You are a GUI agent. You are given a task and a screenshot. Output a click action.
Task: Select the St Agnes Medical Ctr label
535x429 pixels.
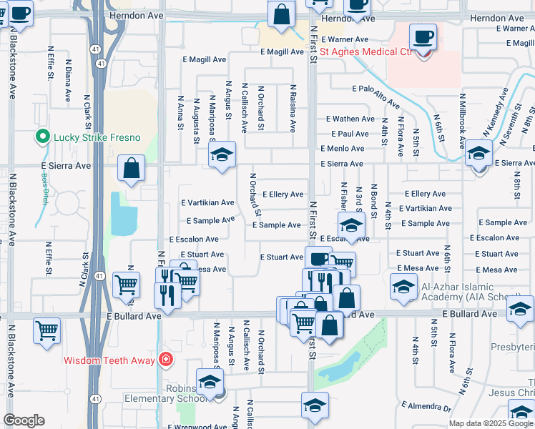click(x=366, y=51)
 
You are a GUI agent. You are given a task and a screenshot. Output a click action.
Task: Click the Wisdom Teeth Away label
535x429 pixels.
click(x=109, y=360)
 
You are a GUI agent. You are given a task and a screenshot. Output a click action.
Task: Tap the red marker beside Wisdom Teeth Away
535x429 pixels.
click(x=166, y=359)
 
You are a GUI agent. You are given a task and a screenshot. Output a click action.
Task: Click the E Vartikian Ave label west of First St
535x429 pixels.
click(x=207, y=203)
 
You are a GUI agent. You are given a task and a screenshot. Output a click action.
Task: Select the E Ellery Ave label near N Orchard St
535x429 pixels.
click(x=283, y=194)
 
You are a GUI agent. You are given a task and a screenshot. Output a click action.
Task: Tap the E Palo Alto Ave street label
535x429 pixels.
click(x=380, y=89)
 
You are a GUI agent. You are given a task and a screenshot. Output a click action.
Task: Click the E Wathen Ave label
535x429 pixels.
click(x=350, y=119)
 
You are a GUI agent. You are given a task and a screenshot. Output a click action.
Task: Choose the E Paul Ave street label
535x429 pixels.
click(x=350, y=134)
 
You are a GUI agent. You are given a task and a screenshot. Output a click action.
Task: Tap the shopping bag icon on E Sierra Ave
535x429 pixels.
click(x=132, y=169)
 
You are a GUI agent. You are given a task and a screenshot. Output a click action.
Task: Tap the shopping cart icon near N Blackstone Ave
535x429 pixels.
click(x=47, y=331)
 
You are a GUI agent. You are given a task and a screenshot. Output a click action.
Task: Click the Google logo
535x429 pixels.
click(x=24, y=421)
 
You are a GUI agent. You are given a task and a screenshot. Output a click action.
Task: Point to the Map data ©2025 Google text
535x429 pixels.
click(x=490, y=423)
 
